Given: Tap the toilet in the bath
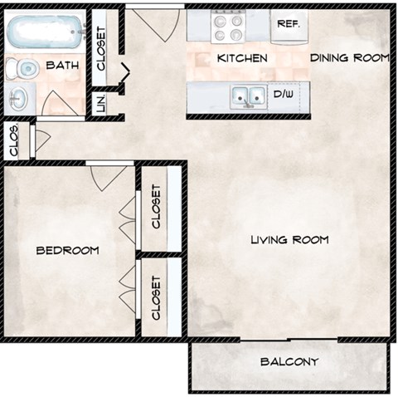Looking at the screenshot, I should [x=27, y=69].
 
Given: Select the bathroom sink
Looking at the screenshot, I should [x=18, y=100].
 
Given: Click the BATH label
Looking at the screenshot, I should [x=62, y=66].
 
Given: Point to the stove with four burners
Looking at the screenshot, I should [x=227, y=28].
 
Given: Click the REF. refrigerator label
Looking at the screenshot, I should [x=288, y=24].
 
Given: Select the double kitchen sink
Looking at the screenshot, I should [x=247, y=96].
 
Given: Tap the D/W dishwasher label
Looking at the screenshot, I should [x=283, y=95].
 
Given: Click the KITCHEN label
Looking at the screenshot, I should [x=241, y=58].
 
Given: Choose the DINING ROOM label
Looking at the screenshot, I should [x=349, y=58].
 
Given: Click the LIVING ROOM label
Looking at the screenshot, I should [x=289, y=240].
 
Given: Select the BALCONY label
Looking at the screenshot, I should [x=289, y=362].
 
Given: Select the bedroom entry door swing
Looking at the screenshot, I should [x=109, y=176].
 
